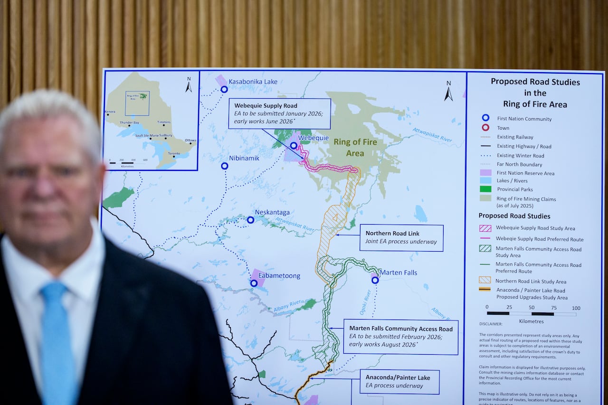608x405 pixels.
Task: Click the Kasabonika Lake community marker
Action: (224, 89)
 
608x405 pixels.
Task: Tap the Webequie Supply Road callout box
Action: (279, 113)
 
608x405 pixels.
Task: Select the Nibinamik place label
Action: (244, 158)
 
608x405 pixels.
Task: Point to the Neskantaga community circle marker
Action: (250, 220)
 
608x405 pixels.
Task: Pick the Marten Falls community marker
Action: (375, 280)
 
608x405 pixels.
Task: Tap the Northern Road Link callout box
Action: (401, 237)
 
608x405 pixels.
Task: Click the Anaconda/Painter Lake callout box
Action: (399, 382)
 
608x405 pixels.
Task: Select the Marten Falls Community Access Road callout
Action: (400, 337)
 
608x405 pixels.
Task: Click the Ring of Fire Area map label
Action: (355, 147)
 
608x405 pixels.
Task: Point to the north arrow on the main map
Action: (448, 91)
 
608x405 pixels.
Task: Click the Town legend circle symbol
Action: (485, 128)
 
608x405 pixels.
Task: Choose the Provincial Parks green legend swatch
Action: (485, 189)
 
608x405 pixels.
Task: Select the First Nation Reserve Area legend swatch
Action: (485, 173)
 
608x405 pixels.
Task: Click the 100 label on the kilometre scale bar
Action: (576, 308)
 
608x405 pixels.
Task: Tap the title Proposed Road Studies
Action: (535, 82)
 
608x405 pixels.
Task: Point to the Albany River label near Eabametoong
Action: (288, 306)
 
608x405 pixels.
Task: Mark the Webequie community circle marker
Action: (294, 146)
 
